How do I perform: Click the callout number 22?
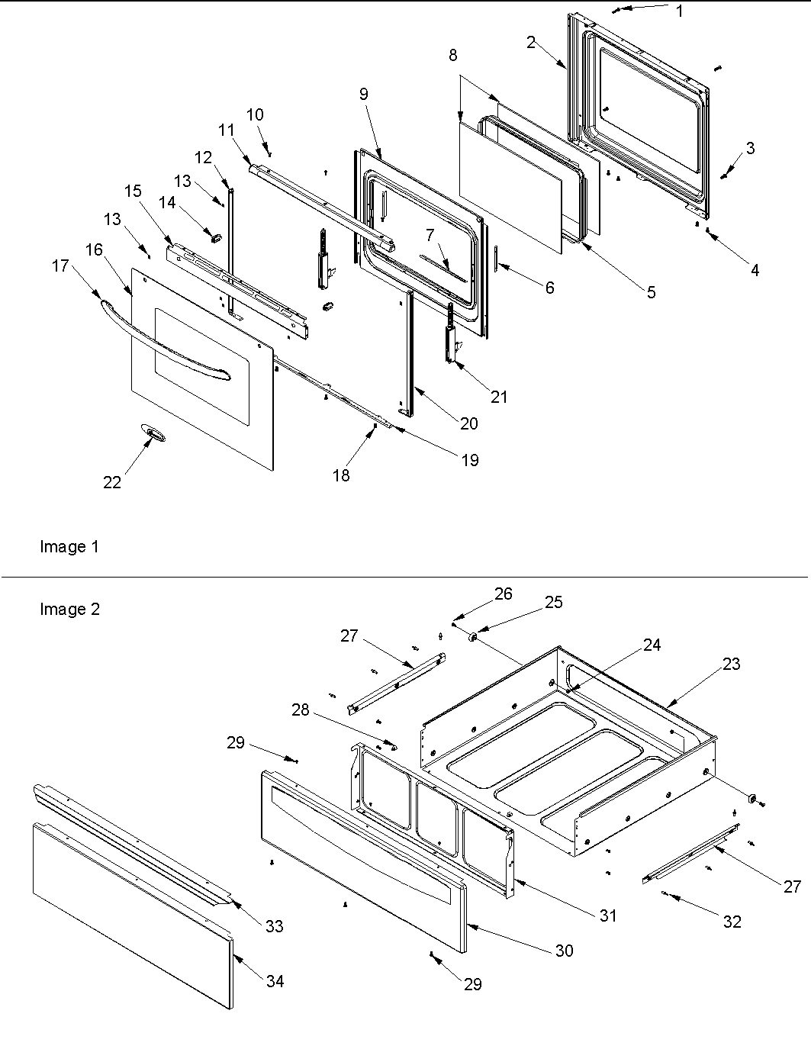point(112,483)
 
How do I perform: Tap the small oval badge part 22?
point(153,434)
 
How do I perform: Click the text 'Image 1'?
point(69,547)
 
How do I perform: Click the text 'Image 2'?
point(69,610)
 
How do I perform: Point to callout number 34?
point(275,981)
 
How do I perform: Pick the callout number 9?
point(363,94)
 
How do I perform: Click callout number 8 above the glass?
point(453,55)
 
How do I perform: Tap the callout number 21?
point(499,397)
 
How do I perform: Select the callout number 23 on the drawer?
point(731,664)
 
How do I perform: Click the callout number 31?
point(607,915)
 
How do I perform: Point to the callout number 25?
point(554,602)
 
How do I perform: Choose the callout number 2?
point(531,43)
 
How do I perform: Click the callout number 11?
point(226,130)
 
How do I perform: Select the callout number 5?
point(651,292)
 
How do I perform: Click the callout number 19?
point(471,460)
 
